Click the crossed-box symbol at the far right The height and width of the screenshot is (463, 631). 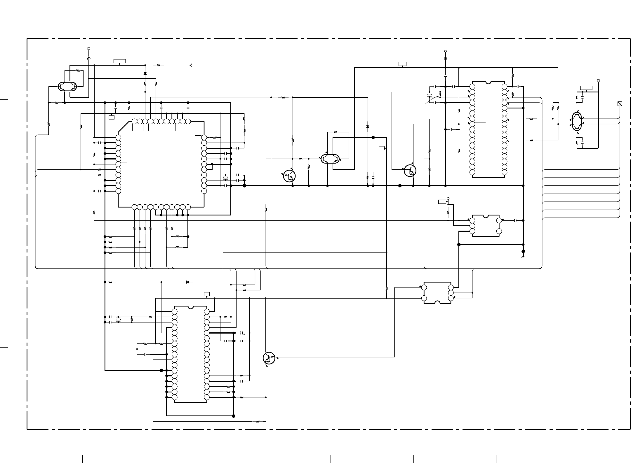(620, 104)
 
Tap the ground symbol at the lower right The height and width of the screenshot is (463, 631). (523, 257)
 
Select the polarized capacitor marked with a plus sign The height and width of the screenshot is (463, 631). (242, 333)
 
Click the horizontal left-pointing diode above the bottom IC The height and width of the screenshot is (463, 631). (187, 282)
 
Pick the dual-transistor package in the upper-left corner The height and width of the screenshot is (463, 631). (67, 87)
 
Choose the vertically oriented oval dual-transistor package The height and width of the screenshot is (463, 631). (577, 122)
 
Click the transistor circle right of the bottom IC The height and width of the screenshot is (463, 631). (269, 358)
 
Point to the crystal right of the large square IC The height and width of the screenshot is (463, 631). (225, 178)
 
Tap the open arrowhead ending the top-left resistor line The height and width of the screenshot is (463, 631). (191, 65)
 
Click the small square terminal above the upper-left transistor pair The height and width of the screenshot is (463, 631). (89, 49)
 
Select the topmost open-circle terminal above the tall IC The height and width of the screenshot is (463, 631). (445, 51)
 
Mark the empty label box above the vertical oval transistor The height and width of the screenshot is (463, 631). (586, 88)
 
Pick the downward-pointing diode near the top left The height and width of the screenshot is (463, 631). (145, 73)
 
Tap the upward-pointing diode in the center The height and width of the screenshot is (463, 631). (368, 127)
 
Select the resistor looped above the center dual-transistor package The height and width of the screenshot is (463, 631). (336, 132)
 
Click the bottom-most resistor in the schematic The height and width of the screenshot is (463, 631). (258, 421)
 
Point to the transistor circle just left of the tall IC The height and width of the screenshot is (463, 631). (410, 171)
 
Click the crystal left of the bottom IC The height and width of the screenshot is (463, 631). (118, 320)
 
